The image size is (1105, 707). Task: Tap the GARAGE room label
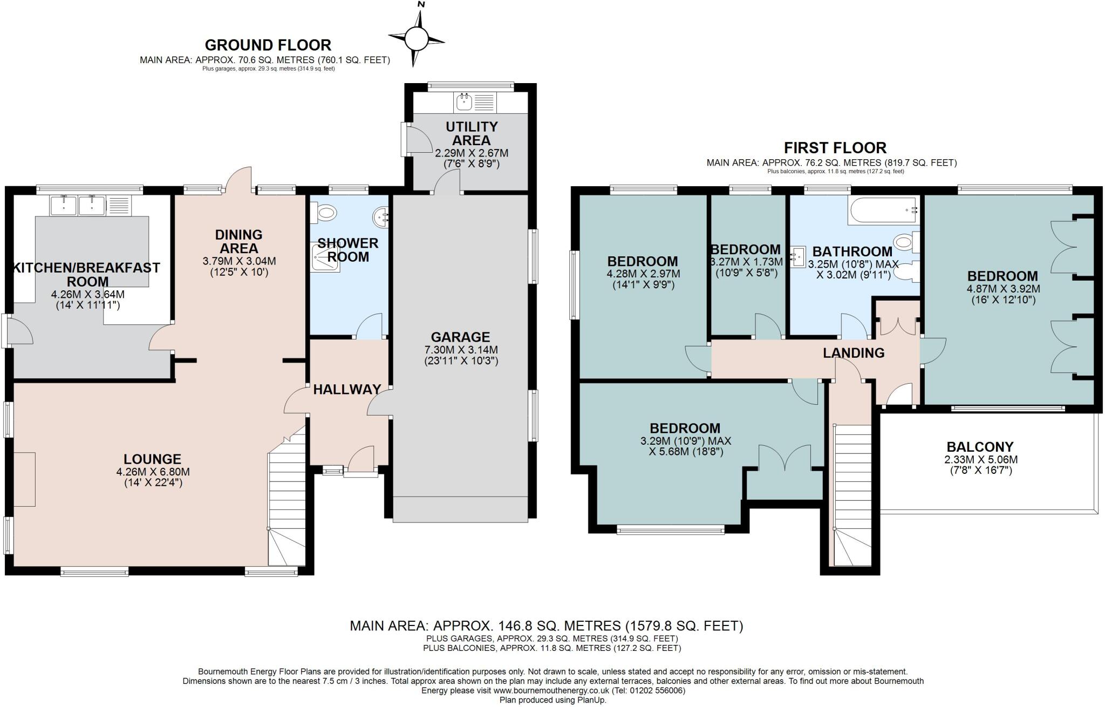click(x=460, y=337)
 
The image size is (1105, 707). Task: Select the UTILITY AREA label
click(x=472, y=133)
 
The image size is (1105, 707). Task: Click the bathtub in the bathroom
click(x=883, y=210)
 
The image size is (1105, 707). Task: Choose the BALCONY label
click(x=980, y=447)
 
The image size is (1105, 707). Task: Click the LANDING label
click(x=854, y=353)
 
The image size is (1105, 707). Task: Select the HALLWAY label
click(x=347, y=389)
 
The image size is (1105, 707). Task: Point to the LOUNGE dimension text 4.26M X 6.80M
click(x=153, y=472)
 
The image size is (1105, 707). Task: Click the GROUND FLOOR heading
click(x=268, y=45)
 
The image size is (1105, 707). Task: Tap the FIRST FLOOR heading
click(x=835, y=147)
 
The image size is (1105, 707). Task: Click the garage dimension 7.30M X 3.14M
click(x=461, y=350)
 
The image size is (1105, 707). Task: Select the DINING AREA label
click(x=238, y=241)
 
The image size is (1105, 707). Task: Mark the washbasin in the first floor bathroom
click(x=798, y=255)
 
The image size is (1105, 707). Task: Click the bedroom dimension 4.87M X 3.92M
click(x=1003, y=289)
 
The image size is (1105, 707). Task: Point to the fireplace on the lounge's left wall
click(x=25, y=479)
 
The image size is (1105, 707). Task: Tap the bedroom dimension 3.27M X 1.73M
click(x=746, y=262)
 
